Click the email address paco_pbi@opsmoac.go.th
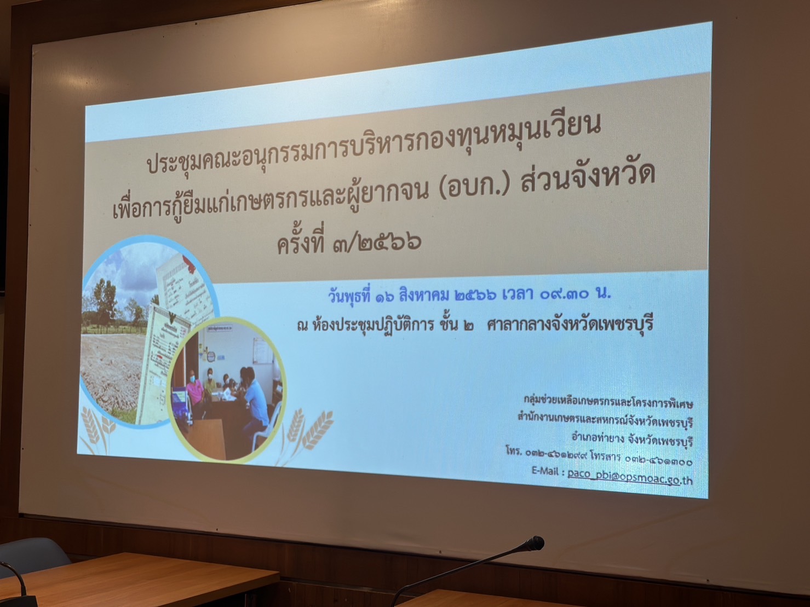click(630, 478)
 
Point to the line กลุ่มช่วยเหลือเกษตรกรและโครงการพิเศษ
click(608, 403)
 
